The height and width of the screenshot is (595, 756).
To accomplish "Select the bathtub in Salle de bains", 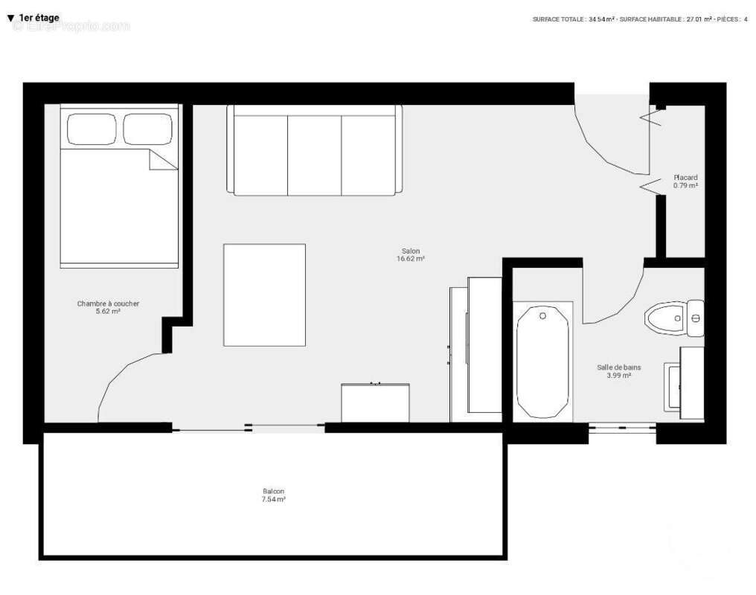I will click(x=542, y=361).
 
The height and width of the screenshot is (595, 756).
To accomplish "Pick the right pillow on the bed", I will click(x=148, y=129).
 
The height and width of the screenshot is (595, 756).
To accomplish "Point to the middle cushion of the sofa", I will click(x=314, y=151).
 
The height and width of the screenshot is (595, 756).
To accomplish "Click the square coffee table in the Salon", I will click(x=264, y=295).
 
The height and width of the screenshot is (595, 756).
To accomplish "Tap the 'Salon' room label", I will click(x=411, y=251).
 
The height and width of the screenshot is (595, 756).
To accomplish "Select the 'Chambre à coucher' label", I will click(x=108, y=303).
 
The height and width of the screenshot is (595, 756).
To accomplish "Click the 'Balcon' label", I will click(x=273, y=492).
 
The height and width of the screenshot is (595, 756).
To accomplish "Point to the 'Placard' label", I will click(x=685, y=178).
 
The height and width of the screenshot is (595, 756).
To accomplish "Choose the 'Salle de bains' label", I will click(x=618, y=367).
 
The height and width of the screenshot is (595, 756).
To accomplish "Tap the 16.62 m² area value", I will click(x=411, y=260).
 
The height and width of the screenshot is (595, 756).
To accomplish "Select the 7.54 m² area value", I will click(x=273, y=500).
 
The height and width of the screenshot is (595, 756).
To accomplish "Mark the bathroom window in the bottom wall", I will click(x=622, y=428).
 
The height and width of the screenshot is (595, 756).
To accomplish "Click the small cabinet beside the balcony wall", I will click(x=375, y=402).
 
